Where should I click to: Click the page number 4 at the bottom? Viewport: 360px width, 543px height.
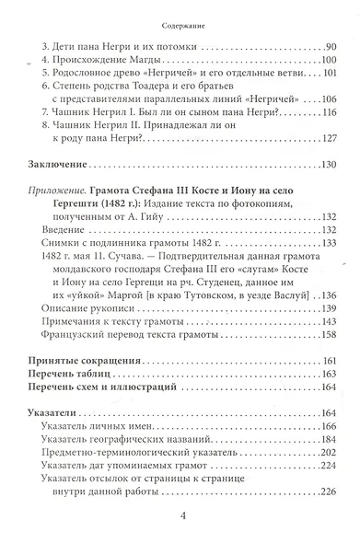[181, 526]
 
